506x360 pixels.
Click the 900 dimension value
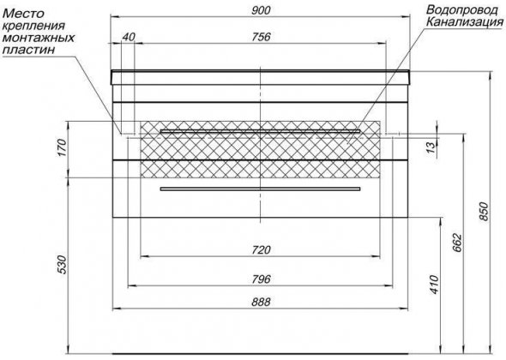pos(261,10)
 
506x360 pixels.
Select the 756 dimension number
pos(261,37)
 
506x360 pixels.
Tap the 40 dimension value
pos(129,37)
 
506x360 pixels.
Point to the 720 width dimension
pos(261,250)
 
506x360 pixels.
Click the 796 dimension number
pos(261,279)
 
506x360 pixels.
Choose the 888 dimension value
pos(261,303)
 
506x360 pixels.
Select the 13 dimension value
pos(431,147)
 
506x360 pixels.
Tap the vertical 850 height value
pos(484,212)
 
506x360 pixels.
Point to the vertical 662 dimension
pos(458,243)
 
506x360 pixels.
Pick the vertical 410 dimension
pos(435,285)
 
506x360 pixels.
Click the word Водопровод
pos(461,10)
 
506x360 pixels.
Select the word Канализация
pos(464,22)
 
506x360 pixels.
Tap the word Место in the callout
pos(23,14)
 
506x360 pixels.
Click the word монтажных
pos(39,38)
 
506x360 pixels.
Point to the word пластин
pos(28,50)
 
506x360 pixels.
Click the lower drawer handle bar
pos(260,189)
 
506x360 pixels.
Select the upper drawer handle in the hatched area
pos(260,131)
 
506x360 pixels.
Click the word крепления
pos(33,26)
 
